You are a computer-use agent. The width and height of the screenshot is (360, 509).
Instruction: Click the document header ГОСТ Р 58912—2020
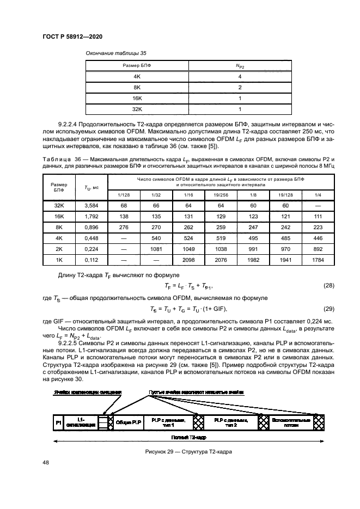72,36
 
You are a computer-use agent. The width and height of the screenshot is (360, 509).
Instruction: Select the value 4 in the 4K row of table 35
240,77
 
